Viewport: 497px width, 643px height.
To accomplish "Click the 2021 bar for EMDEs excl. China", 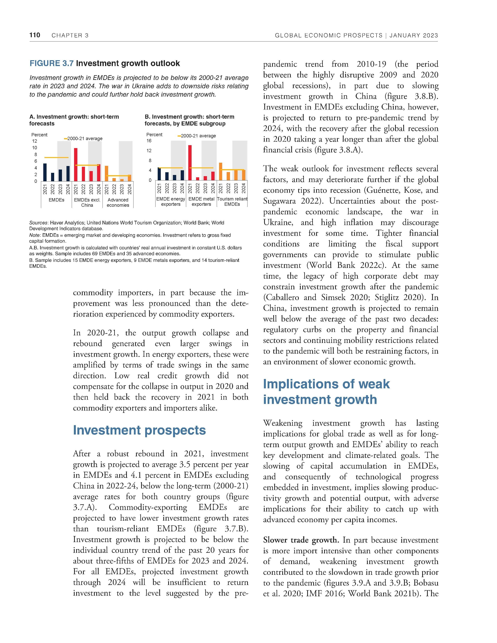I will coord(76,165).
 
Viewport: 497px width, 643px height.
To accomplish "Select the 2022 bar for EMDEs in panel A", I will coord(53,177).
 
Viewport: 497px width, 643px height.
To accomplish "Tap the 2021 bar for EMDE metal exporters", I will coord(190,163).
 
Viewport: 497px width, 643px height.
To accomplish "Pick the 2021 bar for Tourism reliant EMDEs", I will coord(220,171).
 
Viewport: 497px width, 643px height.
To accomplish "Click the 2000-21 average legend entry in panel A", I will coord(83,138).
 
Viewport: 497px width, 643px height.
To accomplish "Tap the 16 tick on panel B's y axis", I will coord(149,141).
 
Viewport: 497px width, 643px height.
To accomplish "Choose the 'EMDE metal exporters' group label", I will coord(201,202).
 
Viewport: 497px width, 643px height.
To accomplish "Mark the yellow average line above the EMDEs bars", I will coord(56,157).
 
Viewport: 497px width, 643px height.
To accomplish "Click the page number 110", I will coord(35,35).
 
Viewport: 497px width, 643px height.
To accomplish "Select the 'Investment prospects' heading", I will coord(139,430).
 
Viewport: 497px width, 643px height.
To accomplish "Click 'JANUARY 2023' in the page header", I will coord(414,36).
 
